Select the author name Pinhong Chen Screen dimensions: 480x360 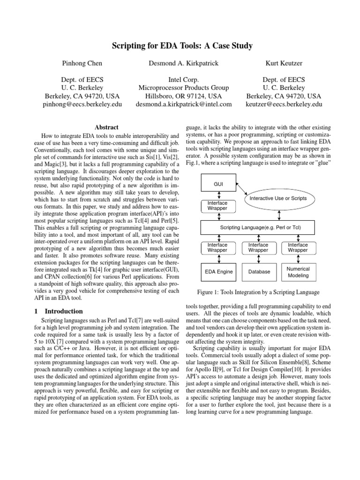[x=82, y=63]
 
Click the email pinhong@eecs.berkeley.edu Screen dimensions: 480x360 [x=82, y=104]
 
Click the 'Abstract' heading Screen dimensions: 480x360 [x=106, y=127]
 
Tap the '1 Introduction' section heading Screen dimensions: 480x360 [x=59, y=311]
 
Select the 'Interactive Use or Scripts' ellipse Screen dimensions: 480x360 [x=278, y=199]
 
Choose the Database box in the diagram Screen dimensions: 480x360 [x=258, y=271]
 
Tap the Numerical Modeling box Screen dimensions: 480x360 [x=298, y=272]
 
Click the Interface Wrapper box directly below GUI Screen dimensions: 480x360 [x=217, y=205]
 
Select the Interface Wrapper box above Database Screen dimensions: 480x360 [x=258, y=247]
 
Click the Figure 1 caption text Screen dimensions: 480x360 [x=258, y=292]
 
